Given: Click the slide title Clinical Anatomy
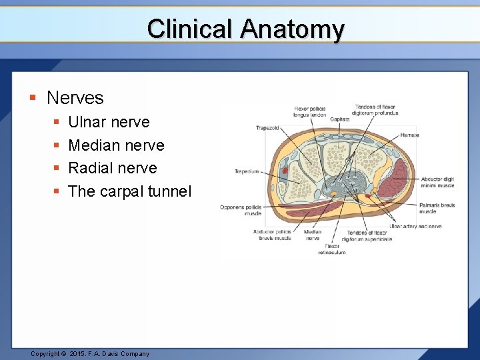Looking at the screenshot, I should pos(245,29).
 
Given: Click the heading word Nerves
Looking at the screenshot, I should pos(75,98).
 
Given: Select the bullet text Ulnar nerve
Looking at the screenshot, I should pos(109,122).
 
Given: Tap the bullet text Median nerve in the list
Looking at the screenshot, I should pos(116,145).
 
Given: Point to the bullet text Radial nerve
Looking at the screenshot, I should pos(112,168).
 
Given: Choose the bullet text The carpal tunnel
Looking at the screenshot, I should pos(129,191).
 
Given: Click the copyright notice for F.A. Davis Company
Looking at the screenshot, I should pos(90,354).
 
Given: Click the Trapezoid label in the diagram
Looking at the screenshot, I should pos(268,128).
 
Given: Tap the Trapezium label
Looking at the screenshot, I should pos(246,171).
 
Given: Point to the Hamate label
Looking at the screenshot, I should pos(409,135).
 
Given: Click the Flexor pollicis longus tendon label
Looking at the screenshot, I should pos(309,111).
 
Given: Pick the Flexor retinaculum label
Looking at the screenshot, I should pos(331,249).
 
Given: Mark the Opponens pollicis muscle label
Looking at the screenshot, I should pos(241,210).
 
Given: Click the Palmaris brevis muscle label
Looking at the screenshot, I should pos(437,208).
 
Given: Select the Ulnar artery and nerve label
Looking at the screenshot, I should pos(415,227).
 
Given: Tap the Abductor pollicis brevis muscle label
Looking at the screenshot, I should pos(272,235).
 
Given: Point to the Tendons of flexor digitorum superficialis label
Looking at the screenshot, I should pos(367,235).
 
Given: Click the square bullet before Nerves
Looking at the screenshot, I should pos(32,98).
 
